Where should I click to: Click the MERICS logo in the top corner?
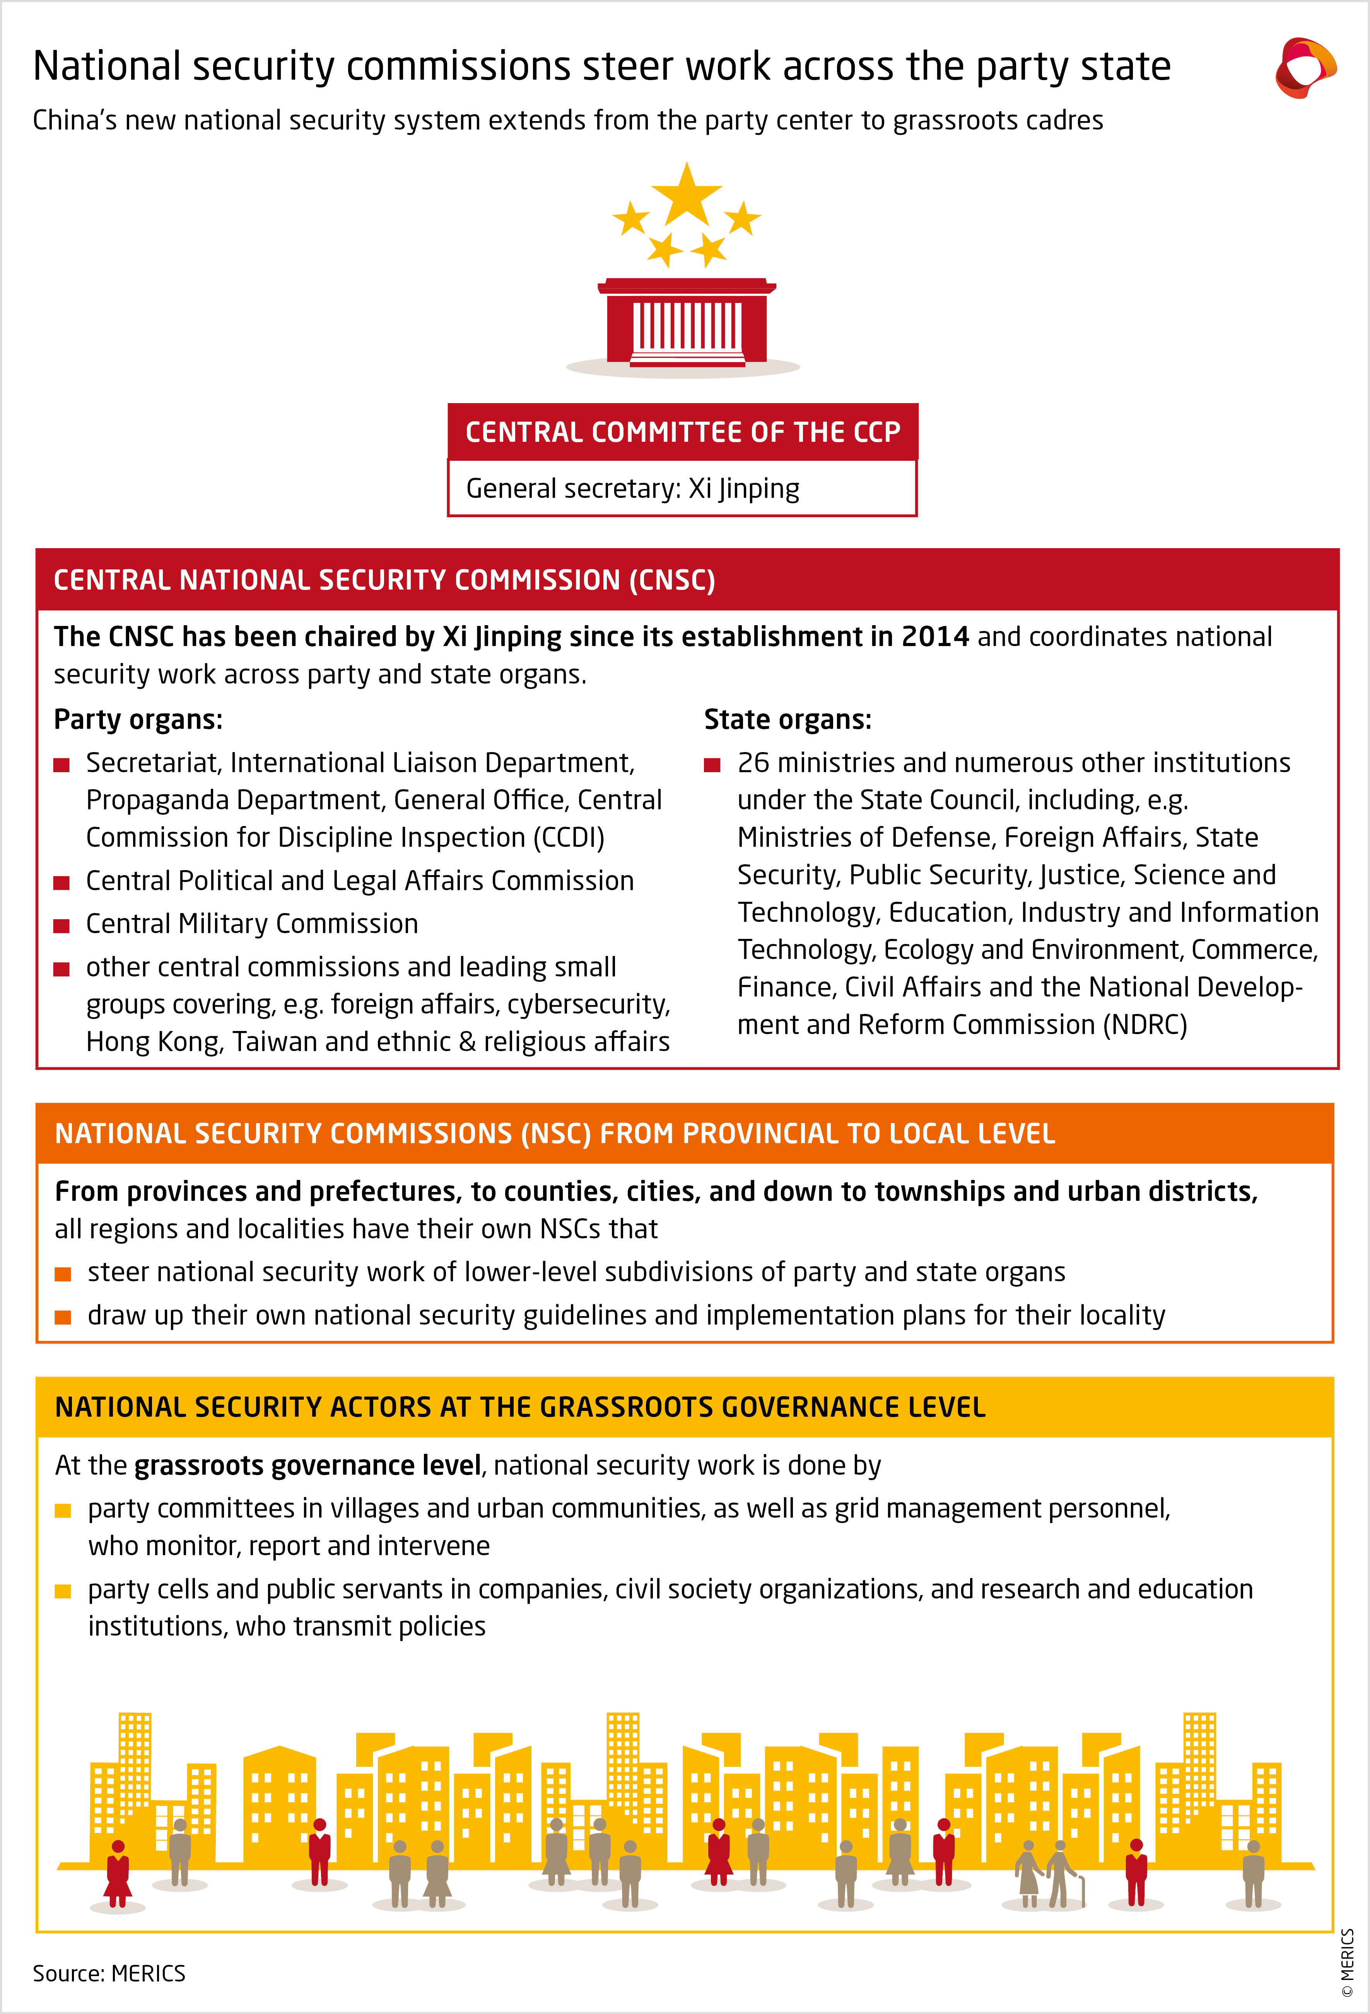pos(1305,68)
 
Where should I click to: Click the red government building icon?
pos(686,322)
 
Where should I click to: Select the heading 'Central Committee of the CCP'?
pos(683,432)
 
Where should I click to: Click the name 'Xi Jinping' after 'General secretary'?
pos(743,489)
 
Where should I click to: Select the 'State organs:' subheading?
pos(787,719)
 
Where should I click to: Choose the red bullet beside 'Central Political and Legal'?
pos(61,882)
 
